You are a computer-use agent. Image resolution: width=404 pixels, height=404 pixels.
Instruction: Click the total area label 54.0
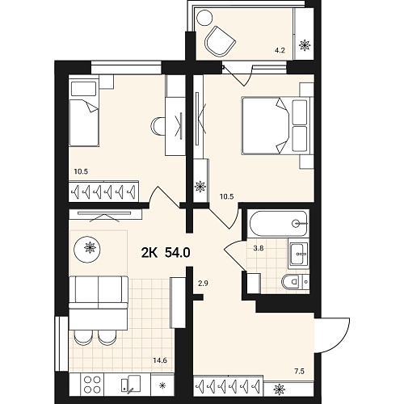click(x=178, y=253)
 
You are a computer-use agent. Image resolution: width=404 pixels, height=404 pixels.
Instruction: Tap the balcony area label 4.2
click(x=280, y=50)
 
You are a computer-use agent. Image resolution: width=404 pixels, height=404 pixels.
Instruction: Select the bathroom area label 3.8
click(x=259, y=249)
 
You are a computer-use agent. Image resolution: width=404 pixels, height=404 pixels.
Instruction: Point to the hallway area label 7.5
click(x=299, y=372)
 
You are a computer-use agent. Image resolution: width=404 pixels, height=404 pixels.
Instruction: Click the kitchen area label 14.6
click(x=160, y=360)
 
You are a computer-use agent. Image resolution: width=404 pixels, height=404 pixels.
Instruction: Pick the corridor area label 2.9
click(x=203, y=284)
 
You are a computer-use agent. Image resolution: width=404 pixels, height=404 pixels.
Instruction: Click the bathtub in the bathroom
click(x=279, y=224)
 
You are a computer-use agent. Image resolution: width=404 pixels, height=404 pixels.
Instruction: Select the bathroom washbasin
click(x=299, y=254)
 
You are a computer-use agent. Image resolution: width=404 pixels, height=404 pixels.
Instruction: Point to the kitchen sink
click(x=131, y=384)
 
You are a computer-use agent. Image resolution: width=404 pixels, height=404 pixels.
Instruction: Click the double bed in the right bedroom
click(x=276, y=126)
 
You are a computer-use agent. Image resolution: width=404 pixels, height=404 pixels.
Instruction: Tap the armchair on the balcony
click(x=221, y=41)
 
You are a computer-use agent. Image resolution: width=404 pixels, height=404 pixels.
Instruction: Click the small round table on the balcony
click(x=205, y=18)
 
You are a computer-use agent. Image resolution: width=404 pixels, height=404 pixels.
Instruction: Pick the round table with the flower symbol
click(x=87, y=248)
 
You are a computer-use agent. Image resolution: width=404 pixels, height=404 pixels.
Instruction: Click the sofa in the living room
click(x=99, y=292)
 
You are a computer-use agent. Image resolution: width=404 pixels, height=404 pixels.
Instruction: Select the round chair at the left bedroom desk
click(x=158, y=126)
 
